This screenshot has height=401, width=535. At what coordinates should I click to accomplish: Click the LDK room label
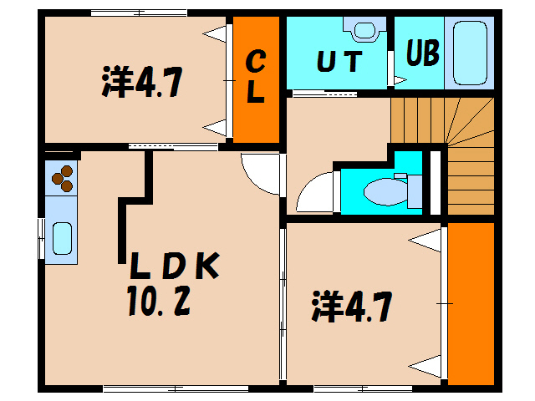[174, 267]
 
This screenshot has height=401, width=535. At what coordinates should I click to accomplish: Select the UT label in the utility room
[339, 63]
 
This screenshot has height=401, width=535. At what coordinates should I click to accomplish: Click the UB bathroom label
[423, 53]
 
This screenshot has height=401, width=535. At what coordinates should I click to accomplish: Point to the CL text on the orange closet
[255, 77]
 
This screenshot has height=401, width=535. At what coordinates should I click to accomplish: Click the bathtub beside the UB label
[471, 51]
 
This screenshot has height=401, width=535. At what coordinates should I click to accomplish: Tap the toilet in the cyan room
[384, 191]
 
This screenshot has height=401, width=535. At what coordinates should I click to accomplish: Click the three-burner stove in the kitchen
[63, 176]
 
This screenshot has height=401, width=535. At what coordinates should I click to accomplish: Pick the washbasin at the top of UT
[365, 30]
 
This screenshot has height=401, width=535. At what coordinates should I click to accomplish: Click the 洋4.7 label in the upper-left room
[142, 83]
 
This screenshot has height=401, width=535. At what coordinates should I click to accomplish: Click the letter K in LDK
[206, 267]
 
